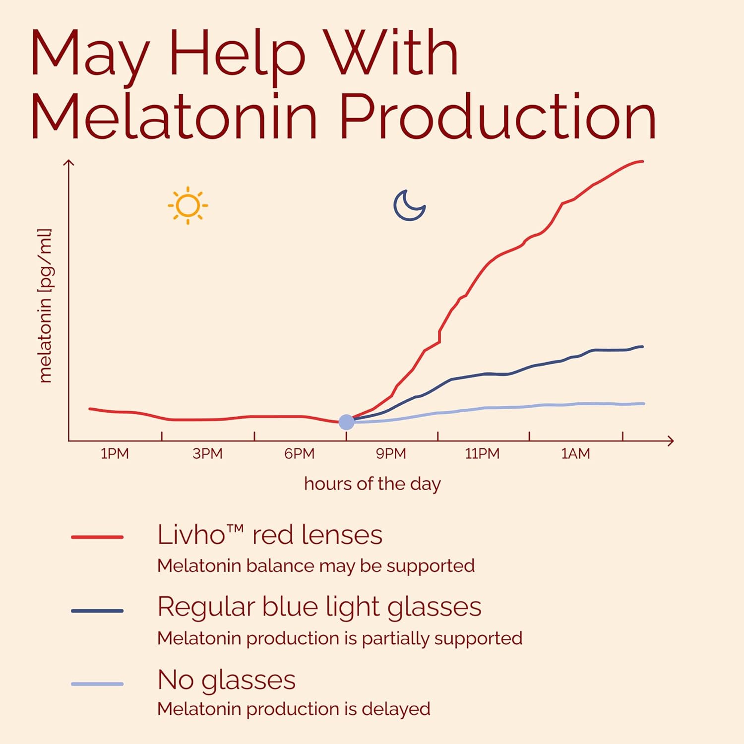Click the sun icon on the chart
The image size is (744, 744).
(x=187, y=205)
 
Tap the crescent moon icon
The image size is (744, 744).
(x=409, y=205)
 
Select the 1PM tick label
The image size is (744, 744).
(x=115, y=454)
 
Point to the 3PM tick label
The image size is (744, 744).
(x=207, y=454)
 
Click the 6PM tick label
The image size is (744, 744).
(x=299, y=454)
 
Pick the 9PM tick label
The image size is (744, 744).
(x=391, y=454)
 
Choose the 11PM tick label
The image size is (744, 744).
(x=482, y=454)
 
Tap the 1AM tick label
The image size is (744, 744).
(x=575, y=454)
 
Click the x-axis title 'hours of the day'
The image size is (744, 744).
(x=372, y=484)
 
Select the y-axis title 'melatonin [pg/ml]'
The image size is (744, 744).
(x=45, y=306)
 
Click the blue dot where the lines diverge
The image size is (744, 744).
(x=346, y=422)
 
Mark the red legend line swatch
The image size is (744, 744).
(x=97, y=537)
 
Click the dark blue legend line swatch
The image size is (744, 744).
(x=97, y=611)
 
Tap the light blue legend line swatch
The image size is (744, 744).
(x=97, y=684)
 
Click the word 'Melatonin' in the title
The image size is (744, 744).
(x=174, y=116)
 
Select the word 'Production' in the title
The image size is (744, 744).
(x=497, y=116)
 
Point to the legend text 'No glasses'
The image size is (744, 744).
(x=226, y=680)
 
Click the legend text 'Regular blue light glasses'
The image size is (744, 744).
(x=319, y=607)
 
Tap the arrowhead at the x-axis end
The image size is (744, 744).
(x=671, y=440)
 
